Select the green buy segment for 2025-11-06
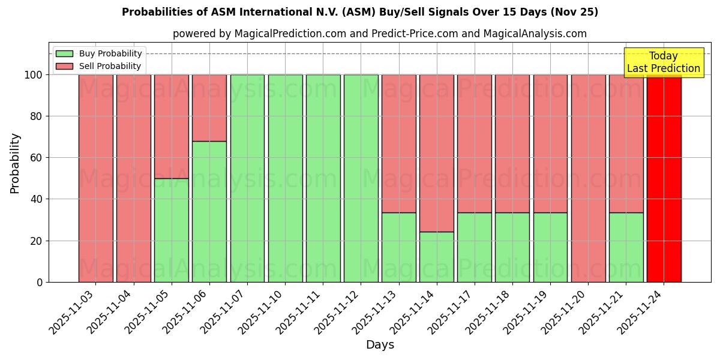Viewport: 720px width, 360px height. pos(209,211)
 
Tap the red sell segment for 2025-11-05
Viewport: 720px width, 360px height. pos(172,126)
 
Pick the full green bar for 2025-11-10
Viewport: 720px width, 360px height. pos(285,178)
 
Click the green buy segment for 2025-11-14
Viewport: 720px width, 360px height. pos(437,257)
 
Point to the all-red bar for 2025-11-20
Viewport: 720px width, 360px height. pos(588,178)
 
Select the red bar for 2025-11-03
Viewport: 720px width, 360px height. pos(95,178)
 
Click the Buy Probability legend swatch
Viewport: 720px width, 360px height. pos(64,53)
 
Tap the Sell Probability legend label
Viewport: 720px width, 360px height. pos(110,66)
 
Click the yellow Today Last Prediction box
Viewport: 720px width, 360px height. pos(664,62)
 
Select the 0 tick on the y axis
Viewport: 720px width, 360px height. pos(40,282)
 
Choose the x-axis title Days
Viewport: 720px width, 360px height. pos(380,345)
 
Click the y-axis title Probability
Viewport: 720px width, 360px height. pos(15,163)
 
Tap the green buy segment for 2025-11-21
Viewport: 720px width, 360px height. pos(626,247)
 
